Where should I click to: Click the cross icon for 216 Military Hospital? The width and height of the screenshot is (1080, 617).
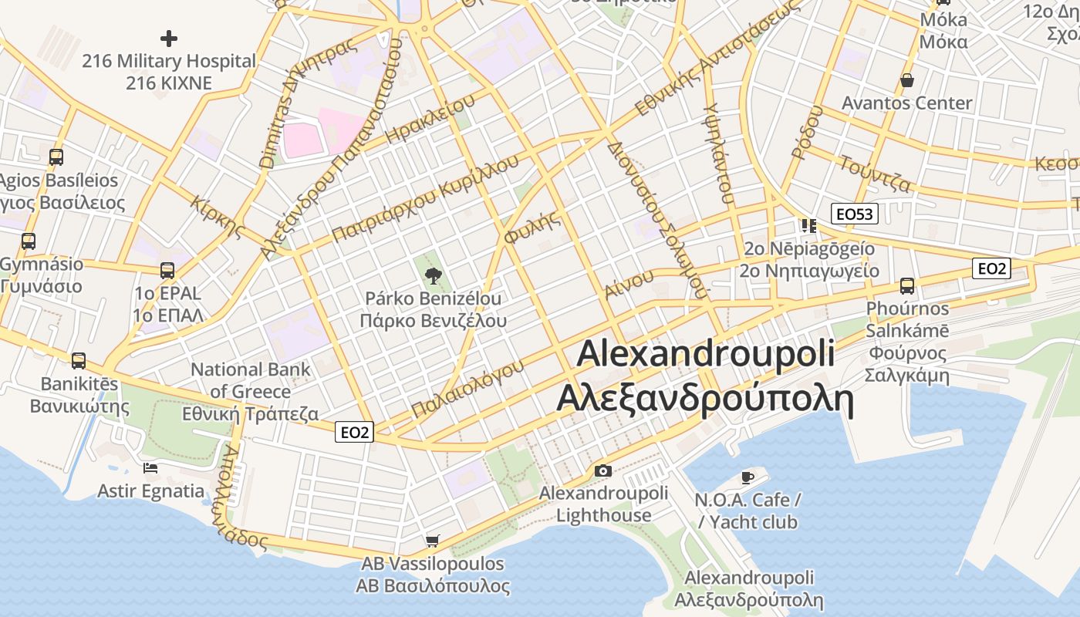tap(169, 38)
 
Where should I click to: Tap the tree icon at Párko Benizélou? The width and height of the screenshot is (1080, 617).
tap(433, 275)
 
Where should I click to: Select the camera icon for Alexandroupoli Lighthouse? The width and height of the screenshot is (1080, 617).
tap(603, 470)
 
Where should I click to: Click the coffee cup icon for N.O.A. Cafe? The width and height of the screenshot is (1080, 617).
tap(747, 477)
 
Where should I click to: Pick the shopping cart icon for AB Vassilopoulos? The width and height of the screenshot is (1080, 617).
tap(433, 541)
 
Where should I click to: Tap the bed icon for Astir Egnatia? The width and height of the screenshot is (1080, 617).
tap(150, 467)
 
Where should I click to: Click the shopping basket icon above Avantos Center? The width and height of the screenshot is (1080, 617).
tap(907, 80)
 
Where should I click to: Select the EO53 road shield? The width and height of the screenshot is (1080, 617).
tap(855, 214)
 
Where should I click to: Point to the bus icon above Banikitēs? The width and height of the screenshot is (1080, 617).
tap(78, 360)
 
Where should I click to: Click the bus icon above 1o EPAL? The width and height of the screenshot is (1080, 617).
tap(167, 271)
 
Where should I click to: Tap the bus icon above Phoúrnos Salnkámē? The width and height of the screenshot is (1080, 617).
tap(907, 286)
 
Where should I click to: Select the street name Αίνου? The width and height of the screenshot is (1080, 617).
tap(624, 285)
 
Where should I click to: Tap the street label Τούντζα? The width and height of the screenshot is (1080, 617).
tap(875, 174)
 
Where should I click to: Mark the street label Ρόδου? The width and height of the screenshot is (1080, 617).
tap(807, 132)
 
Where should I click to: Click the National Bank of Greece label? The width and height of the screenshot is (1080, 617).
tap(251, 392)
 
